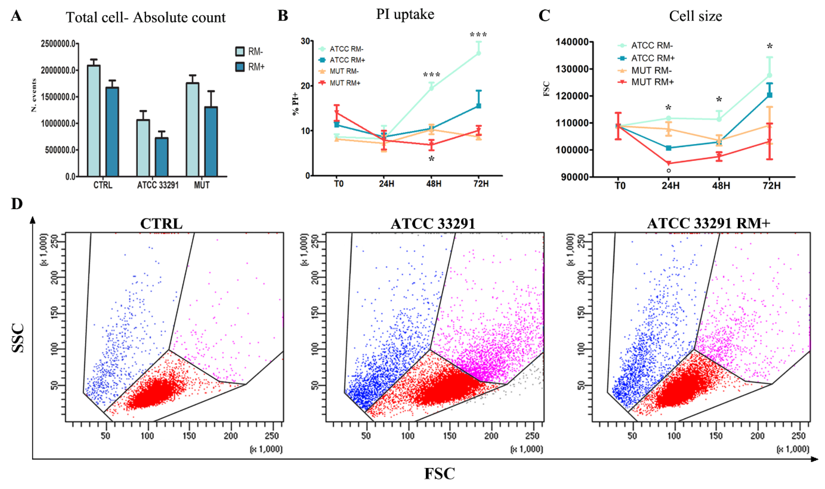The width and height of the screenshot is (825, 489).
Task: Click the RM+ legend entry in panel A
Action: tap(250, 67)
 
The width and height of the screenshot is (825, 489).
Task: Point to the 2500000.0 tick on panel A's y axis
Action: tap(58, 44)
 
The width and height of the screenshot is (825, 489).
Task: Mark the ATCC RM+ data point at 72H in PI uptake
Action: tap(479, 106)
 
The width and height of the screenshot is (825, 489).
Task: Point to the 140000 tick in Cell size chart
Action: tap(572, 42)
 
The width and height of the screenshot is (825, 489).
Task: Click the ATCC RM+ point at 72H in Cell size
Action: tap(770, 95)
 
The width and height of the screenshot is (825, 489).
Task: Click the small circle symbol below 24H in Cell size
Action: tap(669, 171)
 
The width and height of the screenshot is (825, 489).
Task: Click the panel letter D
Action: tap(17, 204)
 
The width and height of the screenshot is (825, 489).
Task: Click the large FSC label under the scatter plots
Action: tap(439, 473)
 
